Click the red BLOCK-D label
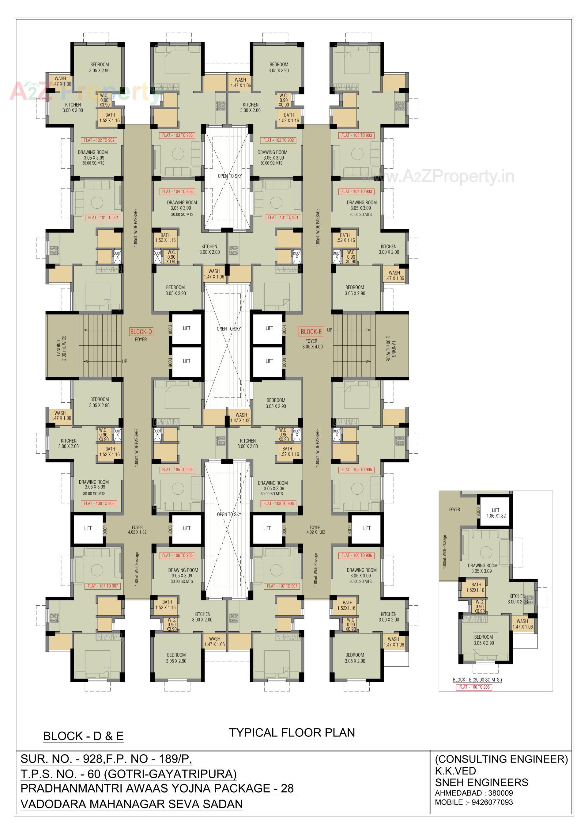coord(141,332)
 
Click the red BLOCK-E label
coord(311,332)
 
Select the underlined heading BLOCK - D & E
coord(83,736)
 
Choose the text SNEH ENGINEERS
coord(481,782)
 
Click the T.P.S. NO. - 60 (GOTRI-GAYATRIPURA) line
coord(128,774)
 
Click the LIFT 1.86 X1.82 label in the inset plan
coord(496,513)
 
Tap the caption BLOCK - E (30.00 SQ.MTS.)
coord(477,679)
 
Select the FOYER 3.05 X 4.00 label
coord(312,344)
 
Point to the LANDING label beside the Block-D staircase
coord(61,348)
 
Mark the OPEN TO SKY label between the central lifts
coord(229,329)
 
